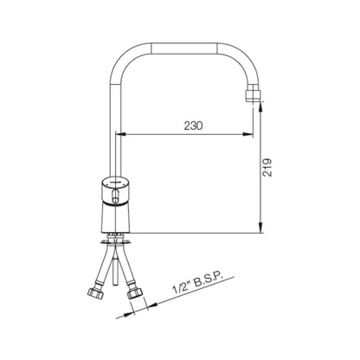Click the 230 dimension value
(194, 125)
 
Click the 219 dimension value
(267, 167)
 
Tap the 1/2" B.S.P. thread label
(198, 284)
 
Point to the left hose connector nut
(95, 294)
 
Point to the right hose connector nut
(135, 293)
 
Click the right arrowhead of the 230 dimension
(248, 134)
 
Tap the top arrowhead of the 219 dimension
(260, 107)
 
